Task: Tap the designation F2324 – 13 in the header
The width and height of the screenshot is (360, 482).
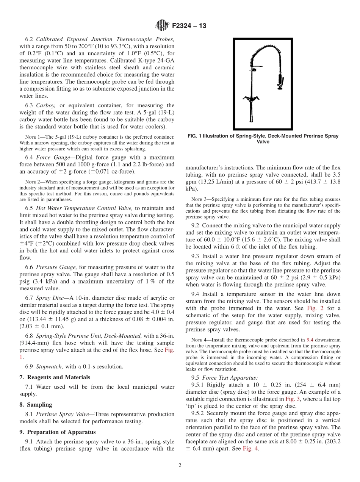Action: (x=189, y=26)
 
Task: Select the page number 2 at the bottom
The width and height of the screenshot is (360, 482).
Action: (x=180, y=466)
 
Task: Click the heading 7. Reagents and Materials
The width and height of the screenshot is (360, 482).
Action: (x=55, y=377)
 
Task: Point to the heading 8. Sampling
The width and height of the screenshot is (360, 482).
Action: (x=36, y=404)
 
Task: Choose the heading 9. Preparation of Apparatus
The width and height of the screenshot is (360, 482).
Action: (x=57, y=432)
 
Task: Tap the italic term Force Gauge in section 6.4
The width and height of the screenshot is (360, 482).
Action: (x=53, y=157)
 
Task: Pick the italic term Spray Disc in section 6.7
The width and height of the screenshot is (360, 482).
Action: (x=50, y=298)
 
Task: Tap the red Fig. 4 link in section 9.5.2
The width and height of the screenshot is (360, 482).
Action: (x=250, y=449)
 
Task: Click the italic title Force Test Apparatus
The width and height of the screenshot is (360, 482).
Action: (x=230, y=377)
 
